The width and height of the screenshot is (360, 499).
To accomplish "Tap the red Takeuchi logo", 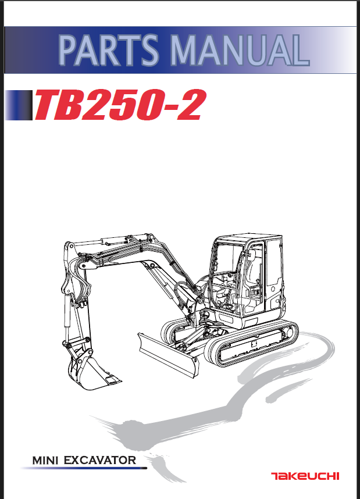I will point(305,476).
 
